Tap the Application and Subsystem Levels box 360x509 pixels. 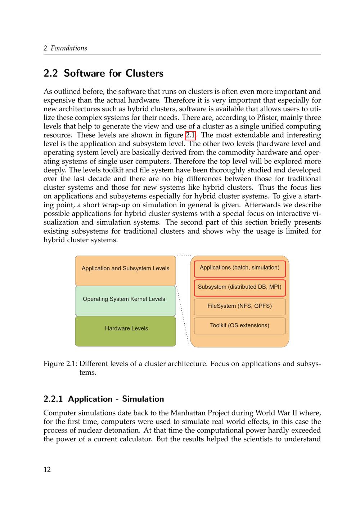click(x=125, y=270)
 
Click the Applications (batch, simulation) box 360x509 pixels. click(x=240, y=268)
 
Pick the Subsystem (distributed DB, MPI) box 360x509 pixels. click(x=240, y=287)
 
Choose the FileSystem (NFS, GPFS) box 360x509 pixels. click(x=240, y=306)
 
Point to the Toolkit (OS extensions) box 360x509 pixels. click(x=240, y=325)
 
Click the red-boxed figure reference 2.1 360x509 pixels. click(x=190, y=135)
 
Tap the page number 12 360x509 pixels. click(x=47, y=469)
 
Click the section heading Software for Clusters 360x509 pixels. click(x=113, y=73)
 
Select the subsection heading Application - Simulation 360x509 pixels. click(x=116, y=399)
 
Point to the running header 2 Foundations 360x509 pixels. click(x=65, y=48)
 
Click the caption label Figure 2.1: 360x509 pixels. click(x=60, y=364)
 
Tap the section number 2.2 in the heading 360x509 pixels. click(x=50, y=73)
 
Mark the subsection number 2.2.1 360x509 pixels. click(x=53, y=399)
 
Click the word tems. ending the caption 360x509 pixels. click(x=88, y=373)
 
